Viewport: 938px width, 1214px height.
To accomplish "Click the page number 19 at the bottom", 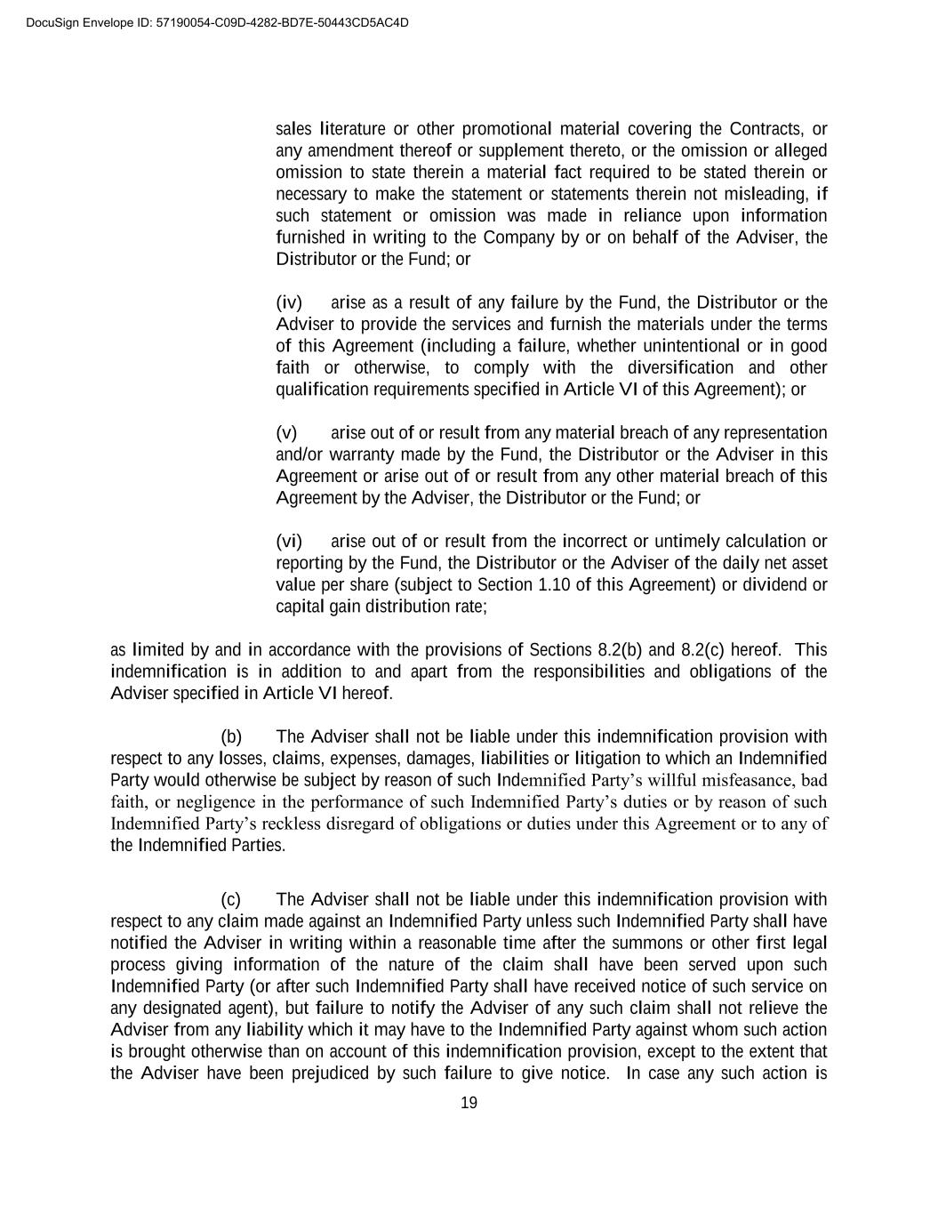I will pos(469,1104).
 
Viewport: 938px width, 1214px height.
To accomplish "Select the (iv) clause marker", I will pos(289,303).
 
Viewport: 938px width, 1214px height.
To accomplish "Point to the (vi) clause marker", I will pos(289,542).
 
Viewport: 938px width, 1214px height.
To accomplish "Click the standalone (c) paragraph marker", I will pos(231,900).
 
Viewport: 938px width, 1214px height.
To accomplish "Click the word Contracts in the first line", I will pos(766,129).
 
